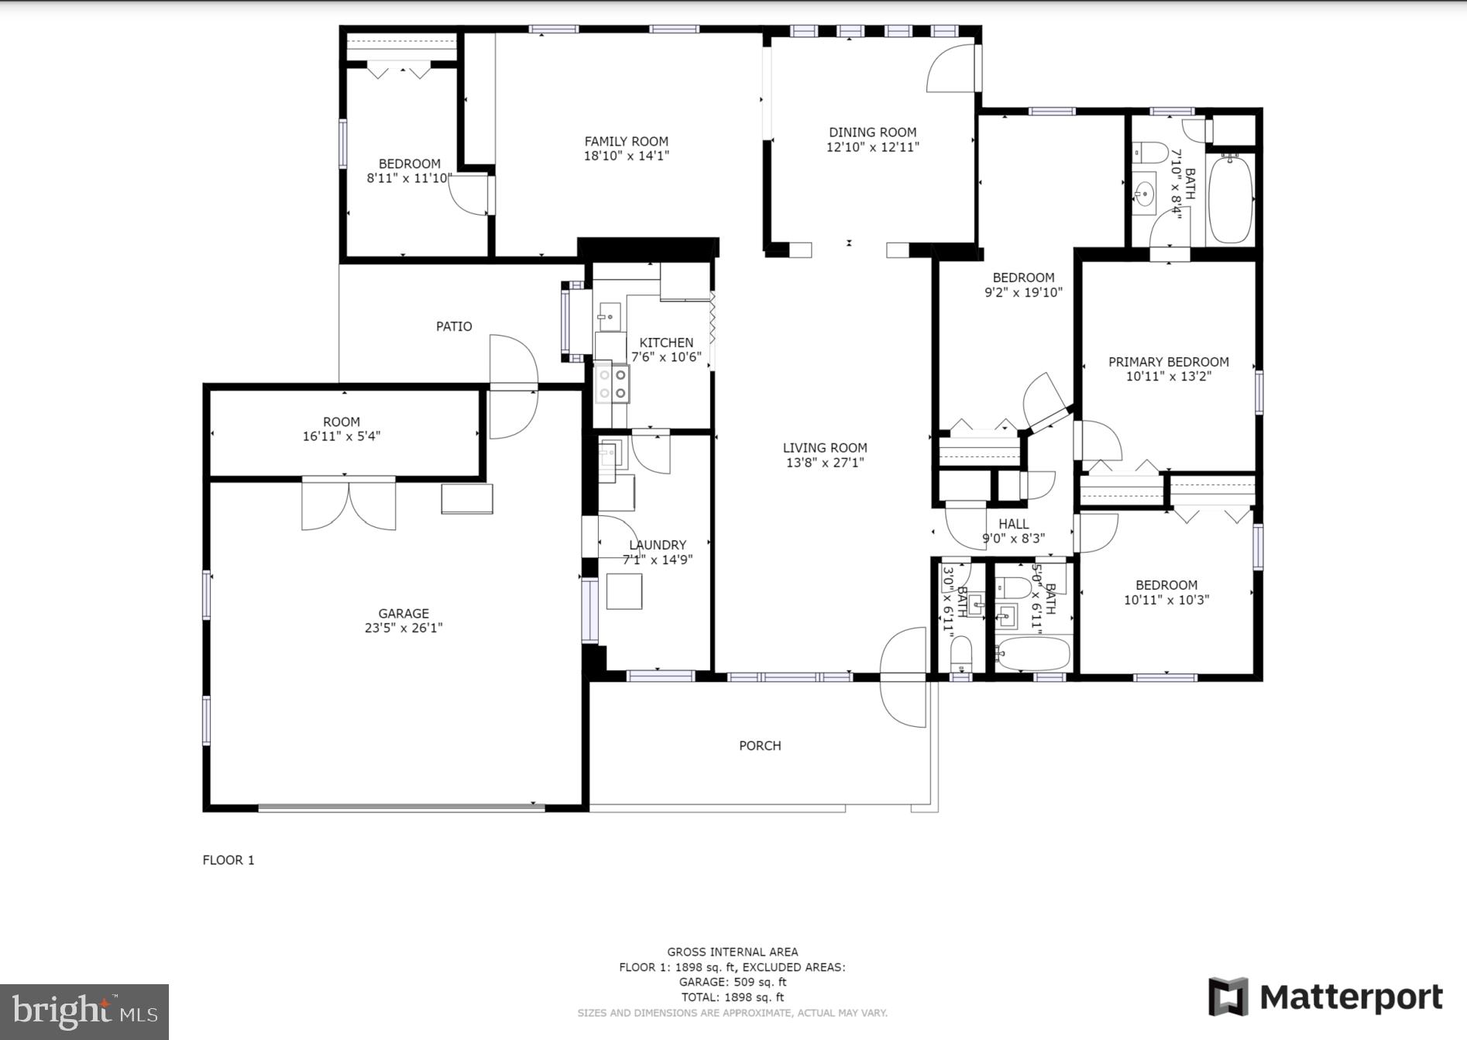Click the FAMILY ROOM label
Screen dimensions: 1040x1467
626,141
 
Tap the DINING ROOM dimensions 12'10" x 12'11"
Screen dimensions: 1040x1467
872,147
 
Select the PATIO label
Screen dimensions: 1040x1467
454,326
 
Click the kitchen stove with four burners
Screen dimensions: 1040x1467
612,384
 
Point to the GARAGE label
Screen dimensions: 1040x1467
403,613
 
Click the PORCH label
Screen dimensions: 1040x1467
760,746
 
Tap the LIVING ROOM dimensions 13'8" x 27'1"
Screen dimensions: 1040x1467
825,463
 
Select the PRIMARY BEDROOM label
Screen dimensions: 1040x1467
1168,362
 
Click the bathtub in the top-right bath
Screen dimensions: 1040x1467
1231,198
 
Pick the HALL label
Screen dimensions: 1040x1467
1013,524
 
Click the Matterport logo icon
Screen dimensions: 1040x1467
1228,997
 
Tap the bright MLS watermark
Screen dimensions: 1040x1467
84,1011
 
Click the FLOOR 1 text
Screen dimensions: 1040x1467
228,859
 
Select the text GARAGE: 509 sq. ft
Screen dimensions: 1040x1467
732,982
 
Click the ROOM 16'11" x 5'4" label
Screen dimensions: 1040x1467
342,429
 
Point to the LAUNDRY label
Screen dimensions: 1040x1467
658,545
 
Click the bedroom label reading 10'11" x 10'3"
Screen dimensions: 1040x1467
1166,592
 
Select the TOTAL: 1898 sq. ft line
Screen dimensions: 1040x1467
732,997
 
